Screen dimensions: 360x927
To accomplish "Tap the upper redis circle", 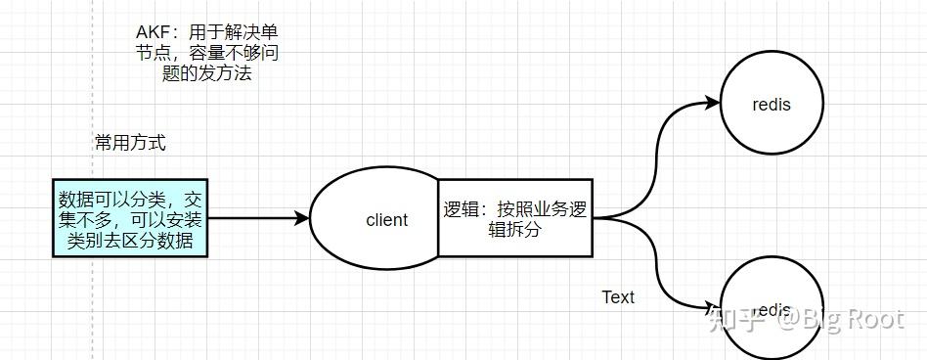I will click(772, 103).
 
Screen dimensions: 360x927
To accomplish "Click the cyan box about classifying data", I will click(130, 217).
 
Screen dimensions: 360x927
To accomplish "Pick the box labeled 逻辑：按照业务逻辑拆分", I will click(514, 217).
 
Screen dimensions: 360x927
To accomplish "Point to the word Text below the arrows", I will click(618, 297).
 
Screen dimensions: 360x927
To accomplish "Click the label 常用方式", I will click(130, 143).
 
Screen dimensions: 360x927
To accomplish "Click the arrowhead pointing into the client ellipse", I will click(302, 218).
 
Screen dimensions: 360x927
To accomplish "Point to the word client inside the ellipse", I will click(386, 220).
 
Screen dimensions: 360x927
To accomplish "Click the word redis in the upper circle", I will click(772, 104).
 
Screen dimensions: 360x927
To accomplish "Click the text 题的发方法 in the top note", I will click(206, 73).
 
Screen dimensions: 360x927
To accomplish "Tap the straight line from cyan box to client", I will click(254, 218).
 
